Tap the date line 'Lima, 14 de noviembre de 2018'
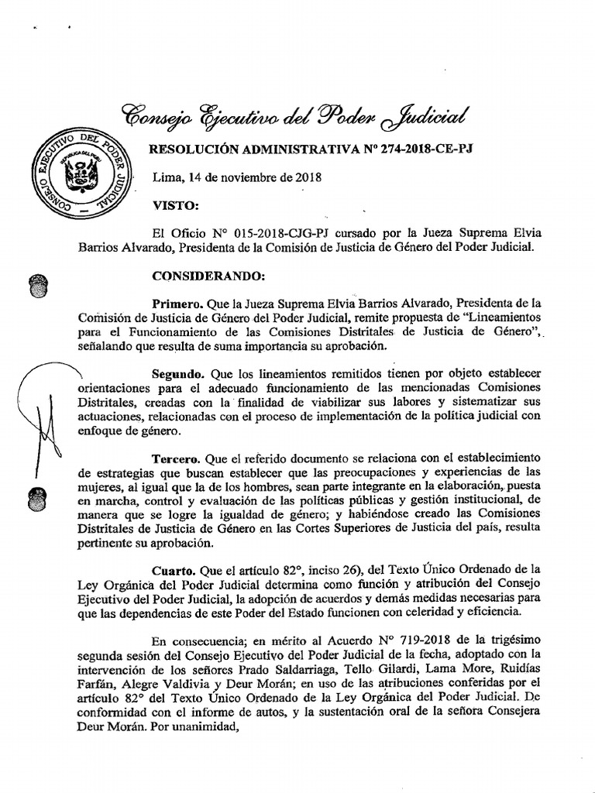pos(236,177)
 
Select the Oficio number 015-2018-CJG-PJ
pos(276,233)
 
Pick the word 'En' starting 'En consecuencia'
pos(160,639)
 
